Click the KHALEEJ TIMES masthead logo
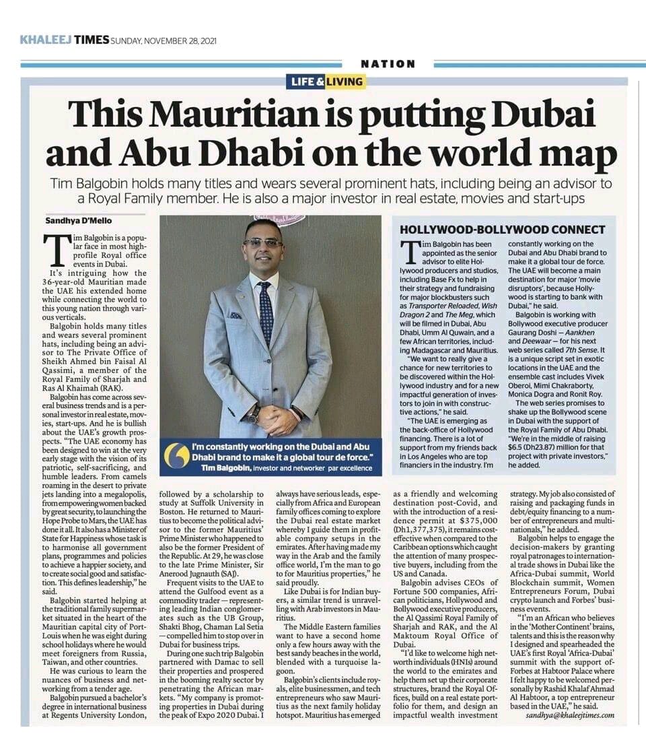(x=65, y=40)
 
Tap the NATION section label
(x=388, y=64)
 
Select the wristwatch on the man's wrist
(x=254, y=412)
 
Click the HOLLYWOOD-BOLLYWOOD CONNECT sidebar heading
(x=503, y=230)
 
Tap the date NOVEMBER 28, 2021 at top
(x=164, y=40)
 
